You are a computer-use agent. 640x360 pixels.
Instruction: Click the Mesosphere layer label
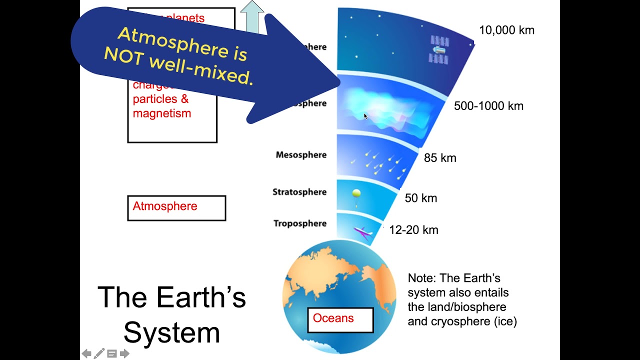[301, 155]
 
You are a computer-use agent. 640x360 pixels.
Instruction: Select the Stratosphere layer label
[299, 192]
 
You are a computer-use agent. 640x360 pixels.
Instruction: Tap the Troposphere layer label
[299, 223]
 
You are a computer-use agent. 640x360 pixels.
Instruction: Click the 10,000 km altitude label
[506, 30]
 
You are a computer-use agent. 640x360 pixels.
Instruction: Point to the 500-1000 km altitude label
[488, 106]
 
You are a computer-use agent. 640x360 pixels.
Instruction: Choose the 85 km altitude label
[440, 158]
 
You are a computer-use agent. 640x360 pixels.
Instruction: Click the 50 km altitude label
[420, 198]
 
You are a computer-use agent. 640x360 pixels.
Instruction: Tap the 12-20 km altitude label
[413, 230]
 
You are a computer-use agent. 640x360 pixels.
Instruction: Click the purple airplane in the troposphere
[362, 232]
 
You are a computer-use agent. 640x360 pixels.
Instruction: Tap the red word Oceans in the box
[333, 318]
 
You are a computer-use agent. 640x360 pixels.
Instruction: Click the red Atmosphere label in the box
[164, 206]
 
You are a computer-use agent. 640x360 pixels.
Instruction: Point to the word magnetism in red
[162, 113]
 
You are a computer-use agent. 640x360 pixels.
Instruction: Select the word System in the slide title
[171, 332]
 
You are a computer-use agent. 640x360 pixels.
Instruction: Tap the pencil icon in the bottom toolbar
[99, 353]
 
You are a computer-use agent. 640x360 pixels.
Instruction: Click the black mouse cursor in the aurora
[365, 116]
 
